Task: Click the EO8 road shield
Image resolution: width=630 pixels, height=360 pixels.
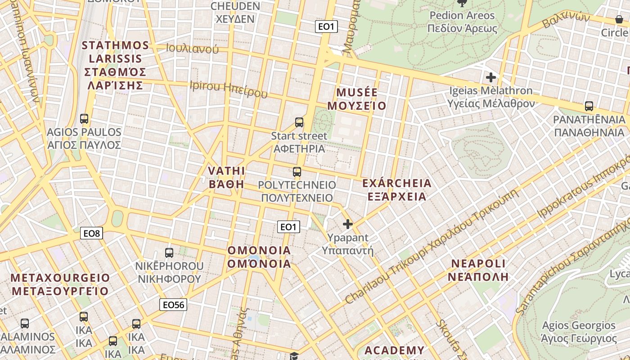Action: click(x=92, y=233)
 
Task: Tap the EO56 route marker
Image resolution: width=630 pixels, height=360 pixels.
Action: click(x=173, y=305)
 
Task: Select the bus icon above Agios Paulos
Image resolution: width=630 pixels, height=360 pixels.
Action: click(x=84, y=119)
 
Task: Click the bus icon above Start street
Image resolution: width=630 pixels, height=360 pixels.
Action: click(x=299, y=122)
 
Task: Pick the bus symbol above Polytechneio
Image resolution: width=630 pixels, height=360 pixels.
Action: click(x=297, y=171)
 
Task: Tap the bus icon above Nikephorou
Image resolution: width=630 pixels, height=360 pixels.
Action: click(x=169, y=252)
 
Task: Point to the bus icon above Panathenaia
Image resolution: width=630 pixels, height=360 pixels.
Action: click(x=589, y=106)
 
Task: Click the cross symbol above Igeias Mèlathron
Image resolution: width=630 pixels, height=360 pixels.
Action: click(x=491, y=77)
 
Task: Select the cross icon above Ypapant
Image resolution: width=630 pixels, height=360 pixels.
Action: click(x=348, y=224)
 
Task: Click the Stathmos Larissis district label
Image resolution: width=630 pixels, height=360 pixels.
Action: click(x=116, y=65)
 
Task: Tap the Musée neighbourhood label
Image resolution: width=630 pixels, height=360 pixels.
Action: click(x=357, y=99)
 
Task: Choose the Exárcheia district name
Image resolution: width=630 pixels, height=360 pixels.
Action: click(x=396, y=190)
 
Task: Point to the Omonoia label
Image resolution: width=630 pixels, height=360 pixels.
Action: click(x=259, y=257)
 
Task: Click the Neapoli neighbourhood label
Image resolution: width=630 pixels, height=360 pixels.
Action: click(x=478, y=270)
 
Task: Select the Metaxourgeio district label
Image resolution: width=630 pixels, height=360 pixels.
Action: click(x=60, y=284)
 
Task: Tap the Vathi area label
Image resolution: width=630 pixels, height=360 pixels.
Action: click(x=226, y=177)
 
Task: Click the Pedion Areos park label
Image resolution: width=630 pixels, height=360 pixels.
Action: click(x=462, y=22)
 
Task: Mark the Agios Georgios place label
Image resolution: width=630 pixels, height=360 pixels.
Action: click(x=579, y=332)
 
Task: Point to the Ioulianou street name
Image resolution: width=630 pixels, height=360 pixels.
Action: click(x=192, y=49)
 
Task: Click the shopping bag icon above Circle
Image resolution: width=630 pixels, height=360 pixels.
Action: click(x=619, y=20)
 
